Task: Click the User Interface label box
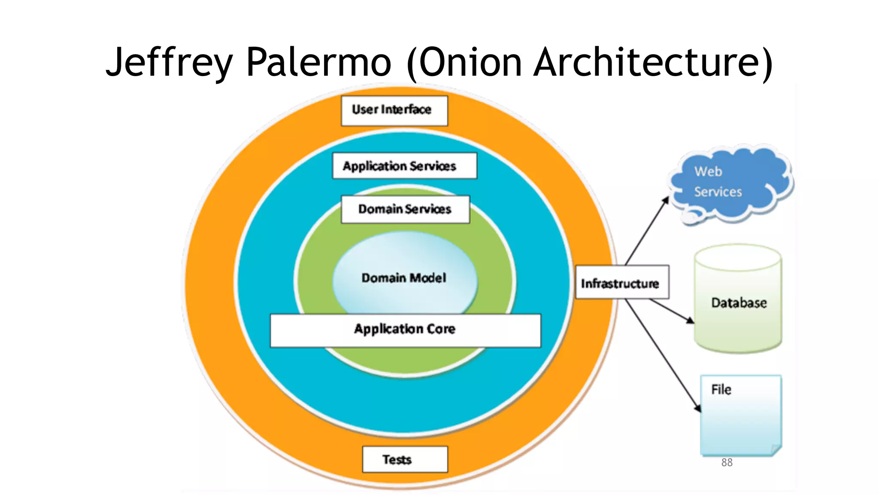pos(394,111)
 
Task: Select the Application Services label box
pos(404,166)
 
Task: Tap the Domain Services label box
pos(405,209)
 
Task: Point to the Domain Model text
pos(404,278)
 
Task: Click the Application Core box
pos(405,330)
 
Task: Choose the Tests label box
pos(405,459)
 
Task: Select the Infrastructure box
pos(621,282)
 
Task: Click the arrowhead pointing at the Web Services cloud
pos(666,200)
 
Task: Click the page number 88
pos(727,462)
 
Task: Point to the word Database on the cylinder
pos(739,303)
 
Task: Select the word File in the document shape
pos(721,390)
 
